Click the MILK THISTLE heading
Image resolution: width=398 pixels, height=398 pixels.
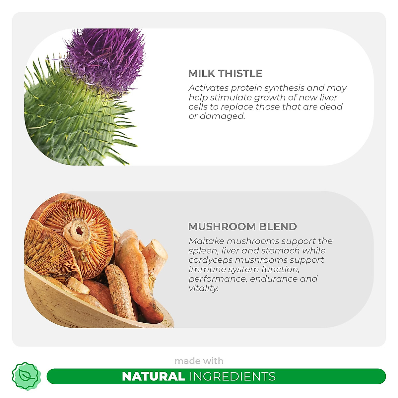[225, 73]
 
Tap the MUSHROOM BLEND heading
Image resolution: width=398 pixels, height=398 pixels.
[242, 227]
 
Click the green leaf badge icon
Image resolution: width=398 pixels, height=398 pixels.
[26, 376]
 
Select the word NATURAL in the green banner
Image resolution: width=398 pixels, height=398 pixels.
[154, 376]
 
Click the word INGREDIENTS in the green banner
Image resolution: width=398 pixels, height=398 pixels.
[232, 376]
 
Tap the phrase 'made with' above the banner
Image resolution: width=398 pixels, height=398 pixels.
[199, 361]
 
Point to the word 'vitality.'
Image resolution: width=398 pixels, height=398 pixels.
[204, 288]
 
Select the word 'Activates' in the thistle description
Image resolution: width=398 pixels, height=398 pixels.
[209, 88]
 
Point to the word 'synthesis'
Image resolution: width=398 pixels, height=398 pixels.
[285, 88]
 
